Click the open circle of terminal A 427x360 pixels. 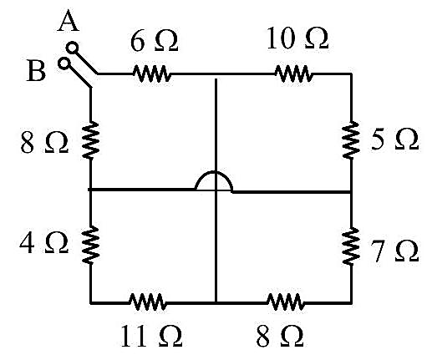72,48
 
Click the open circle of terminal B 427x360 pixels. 64,63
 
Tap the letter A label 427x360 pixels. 69,22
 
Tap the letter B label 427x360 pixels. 36,71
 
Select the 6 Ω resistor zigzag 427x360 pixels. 152,74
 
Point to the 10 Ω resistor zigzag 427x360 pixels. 293,74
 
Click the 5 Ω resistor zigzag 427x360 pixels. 351,140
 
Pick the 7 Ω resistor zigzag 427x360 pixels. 351,246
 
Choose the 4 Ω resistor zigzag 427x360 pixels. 90,245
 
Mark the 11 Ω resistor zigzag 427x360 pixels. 147,302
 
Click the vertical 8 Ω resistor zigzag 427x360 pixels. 90,140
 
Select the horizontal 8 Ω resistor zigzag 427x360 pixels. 285,302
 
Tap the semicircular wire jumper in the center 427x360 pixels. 214,173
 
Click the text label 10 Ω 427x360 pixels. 297,38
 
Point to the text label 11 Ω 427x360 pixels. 151,336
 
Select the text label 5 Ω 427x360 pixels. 395,139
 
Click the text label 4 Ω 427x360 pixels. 43,243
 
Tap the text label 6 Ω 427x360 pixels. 154,41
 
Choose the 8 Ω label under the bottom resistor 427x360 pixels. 280,336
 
